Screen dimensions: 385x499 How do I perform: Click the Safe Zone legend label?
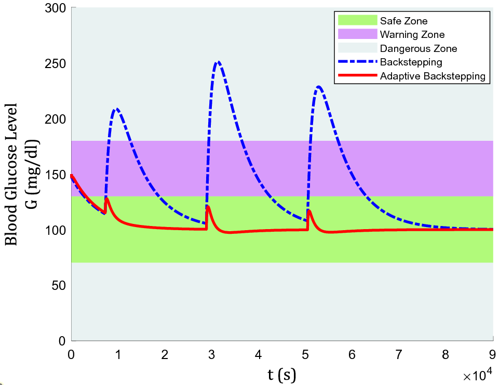point(403,21)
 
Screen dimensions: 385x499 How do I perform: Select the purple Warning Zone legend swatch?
point(357,35)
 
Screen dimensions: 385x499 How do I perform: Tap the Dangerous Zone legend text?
point(419,49)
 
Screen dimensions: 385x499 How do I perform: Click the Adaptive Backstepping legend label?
point(433,76)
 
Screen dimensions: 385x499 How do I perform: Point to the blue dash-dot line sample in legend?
point(357,62)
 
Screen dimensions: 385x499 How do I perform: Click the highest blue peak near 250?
point(218,62)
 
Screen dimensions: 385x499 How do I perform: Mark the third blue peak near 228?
point(318,87)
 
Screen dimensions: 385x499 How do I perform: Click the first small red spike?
point(106,198)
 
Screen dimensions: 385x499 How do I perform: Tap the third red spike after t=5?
point(309,211)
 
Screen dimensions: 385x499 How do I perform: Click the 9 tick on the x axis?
point(492,355)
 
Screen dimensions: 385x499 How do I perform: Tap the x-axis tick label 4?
point(258,355)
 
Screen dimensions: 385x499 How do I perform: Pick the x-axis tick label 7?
point(399,355)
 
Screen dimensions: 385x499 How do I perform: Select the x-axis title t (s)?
point(282,374)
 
